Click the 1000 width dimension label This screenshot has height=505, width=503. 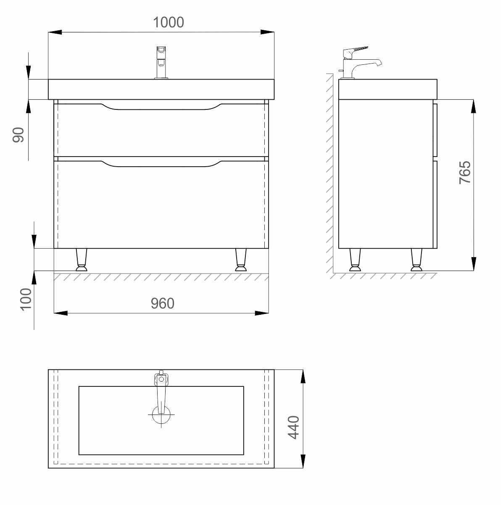pos(168,22)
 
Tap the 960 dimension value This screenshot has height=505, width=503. pos(163,303)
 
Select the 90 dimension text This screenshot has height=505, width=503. pos(18,135)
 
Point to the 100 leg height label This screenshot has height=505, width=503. pos(26,300)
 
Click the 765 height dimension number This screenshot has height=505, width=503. pos(465,173)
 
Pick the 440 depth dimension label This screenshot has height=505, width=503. pos(293,427)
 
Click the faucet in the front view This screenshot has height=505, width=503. pos(161,63)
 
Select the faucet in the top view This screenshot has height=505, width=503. pos(161,391)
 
